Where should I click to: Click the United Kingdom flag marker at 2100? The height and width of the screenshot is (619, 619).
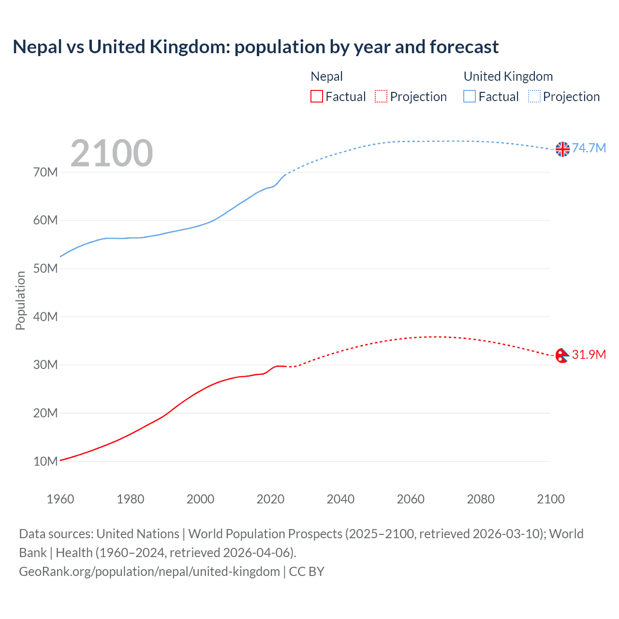click(x=562, y=149)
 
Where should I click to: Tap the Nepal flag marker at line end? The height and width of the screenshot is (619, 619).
click(x=562, y=356)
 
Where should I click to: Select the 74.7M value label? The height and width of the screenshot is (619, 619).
click(x=589, y=148)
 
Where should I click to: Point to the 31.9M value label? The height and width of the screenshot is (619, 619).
click(x=589, y=354)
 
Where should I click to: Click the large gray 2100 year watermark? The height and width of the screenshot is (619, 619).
click(x=112, y=153)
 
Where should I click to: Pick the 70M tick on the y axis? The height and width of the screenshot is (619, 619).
click(x=45, y=172)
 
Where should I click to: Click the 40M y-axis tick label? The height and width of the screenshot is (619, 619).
click(x=45, y=317)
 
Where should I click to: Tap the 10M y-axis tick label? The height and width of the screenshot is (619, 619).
click(x=45, y=461)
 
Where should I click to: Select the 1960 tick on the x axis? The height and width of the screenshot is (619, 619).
click(x=60, y=499)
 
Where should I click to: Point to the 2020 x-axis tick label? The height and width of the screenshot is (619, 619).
click(x=270, y=499)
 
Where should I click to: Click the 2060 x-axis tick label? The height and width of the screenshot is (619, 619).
click(x=411, y=499)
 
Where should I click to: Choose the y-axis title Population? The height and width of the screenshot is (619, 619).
click(x=20, y=300)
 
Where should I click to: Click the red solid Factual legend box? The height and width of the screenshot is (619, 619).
click(x=317, y=96)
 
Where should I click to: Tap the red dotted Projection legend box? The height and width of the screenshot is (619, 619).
click(x=381, y=96)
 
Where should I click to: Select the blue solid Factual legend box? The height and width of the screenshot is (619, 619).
click(x=470, y=96)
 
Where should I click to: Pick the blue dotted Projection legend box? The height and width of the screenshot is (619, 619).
click(x=534, y=96)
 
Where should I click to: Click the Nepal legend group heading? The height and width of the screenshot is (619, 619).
click(x=326, y=76)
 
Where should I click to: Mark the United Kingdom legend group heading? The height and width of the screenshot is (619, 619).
click(x=508, y=76)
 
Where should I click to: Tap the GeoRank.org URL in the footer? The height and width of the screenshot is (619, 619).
click(x=149, y=572)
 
